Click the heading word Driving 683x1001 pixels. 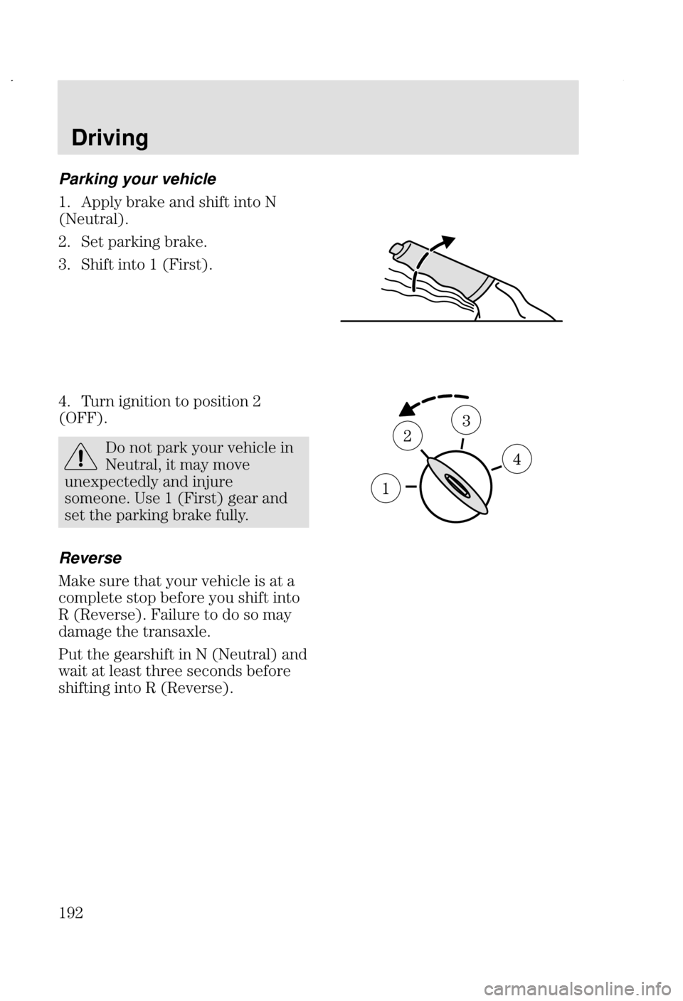pyautogui.click(x=110, y=137)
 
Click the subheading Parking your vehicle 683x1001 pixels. pyautogui.click(x=137, y=179)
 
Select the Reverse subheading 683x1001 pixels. pyautogui.click(x=90, y=558)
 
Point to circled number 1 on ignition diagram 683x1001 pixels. pyautogui.click(x=386, y=489)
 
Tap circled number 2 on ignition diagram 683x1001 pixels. pyautogui.click(x=407, y=435)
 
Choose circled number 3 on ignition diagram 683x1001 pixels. pyautogui.click(x=466, y=420)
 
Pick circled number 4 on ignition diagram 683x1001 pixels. pyautogui.click(x=517, y=459)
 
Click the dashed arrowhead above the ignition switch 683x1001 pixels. pyautogui.click(x=408, y=408)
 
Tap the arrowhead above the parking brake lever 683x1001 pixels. pyautogui.click(x=447, y=242)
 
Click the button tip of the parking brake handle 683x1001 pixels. pyautogui.click(x=396, y=248)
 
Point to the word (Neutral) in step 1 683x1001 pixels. pyautogui.click(x=90, y=219)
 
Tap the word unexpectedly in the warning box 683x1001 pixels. pyautogui.click(x=130, y=482)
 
